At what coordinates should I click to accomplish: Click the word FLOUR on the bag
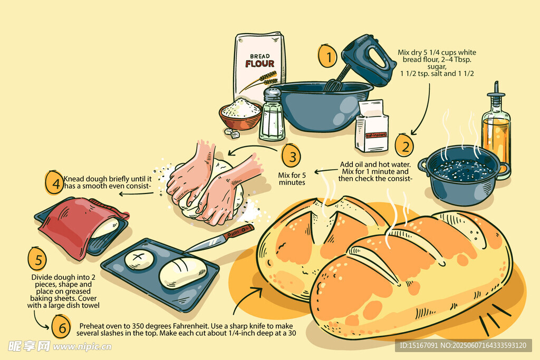pos(259,64)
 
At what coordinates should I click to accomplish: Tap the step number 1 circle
pos(327,56)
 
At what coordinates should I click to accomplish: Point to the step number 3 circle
pos(291,156)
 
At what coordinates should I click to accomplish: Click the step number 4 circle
pos(54,182)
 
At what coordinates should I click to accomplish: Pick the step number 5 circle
pos(37,259)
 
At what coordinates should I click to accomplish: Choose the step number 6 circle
pos(61,327)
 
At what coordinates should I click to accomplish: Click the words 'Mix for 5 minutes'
pos(292,179)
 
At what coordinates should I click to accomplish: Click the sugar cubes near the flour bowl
pos(232,133)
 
